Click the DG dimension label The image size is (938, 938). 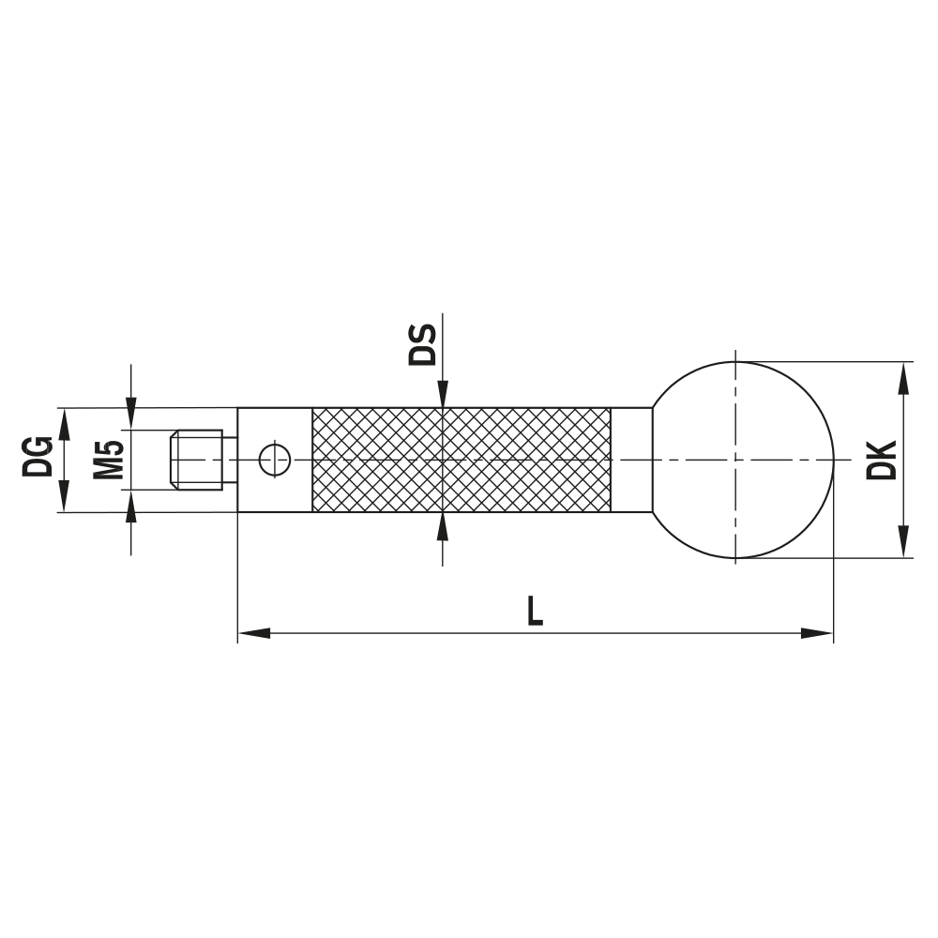(38, 460)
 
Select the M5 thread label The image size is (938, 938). (110, 460)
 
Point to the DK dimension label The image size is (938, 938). (882, 460)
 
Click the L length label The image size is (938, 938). (534, 612)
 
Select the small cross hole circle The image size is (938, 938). (275, 460)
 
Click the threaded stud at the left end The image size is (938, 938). (200, 460)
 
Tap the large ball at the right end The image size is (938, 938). (741, 460)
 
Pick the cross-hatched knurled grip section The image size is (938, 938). (460, 460)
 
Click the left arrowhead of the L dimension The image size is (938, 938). (253, 634)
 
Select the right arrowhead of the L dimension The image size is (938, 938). (818, 634)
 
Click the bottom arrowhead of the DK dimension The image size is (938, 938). (903, 542)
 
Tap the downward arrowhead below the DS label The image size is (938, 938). (442, 394)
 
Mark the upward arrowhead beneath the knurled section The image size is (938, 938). (442, 526)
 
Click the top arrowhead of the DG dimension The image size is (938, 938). (64, 424)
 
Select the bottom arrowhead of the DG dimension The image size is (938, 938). (64, 496)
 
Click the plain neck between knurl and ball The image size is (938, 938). (631, 460)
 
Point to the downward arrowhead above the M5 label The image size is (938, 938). (130, 414)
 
